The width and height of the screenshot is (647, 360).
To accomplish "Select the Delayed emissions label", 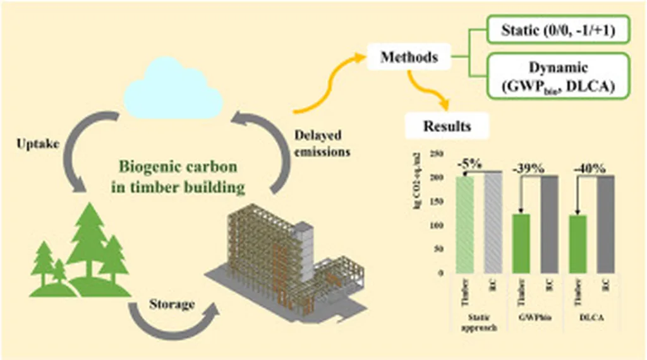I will pos(323,143).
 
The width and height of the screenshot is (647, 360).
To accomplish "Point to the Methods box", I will pos(409,57).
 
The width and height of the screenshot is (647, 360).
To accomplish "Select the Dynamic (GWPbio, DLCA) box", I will pos(559,76).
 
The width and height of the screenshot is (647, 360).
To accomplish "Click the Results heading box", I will pos(447,126).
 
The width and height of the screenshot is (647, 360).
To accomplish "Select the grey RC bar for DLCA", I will pos(605,224).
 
